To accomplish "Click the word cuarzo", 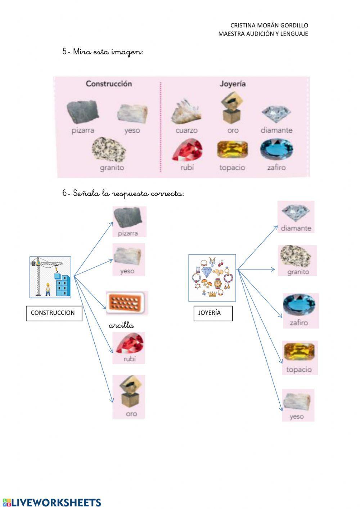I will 186,130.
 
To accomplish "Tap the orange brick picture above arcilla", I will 126,303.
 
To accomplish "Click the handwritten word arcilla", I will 121,326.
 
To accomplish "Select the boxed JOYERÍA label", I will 213,313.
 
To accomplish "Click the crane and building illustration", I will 50,277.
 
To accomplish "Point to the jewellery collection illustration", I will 212,278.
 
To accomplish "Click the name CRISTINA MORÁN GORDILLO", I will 269,26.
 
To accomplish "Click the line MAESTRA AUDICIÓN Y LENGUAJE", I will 263,34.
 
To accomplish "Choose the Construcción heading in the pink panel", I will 109,84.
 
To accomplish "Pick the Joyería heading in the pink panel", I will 233,84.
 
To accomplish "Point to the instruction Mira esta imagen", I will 103,52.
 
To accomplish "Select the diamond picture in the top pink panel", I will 276,114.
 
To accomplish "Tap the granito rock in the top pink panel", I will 109,149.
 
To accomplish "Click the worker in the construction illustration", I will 48,289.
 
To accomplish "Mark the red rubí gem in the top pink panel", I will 188,150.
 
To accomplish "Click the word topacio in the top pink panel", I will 232,168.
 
